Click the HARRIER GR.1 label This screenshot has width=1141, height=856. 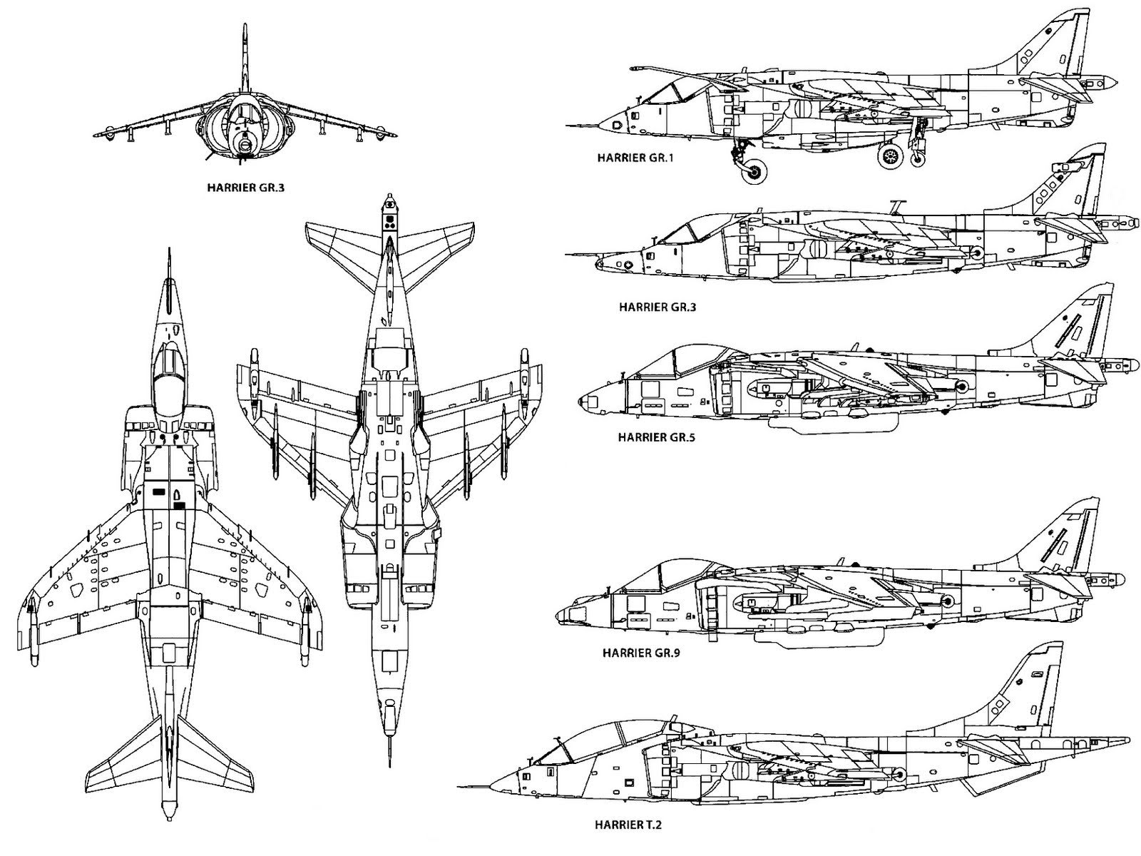[x=635, y=158]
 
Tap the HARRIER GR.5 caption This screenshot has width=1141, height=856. [x=656, y=437]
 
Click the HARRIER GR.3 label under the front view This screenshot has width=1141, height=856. [x=245, y=189]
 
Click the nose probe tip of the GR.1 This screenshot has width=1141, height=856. [x=568, y=126]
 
